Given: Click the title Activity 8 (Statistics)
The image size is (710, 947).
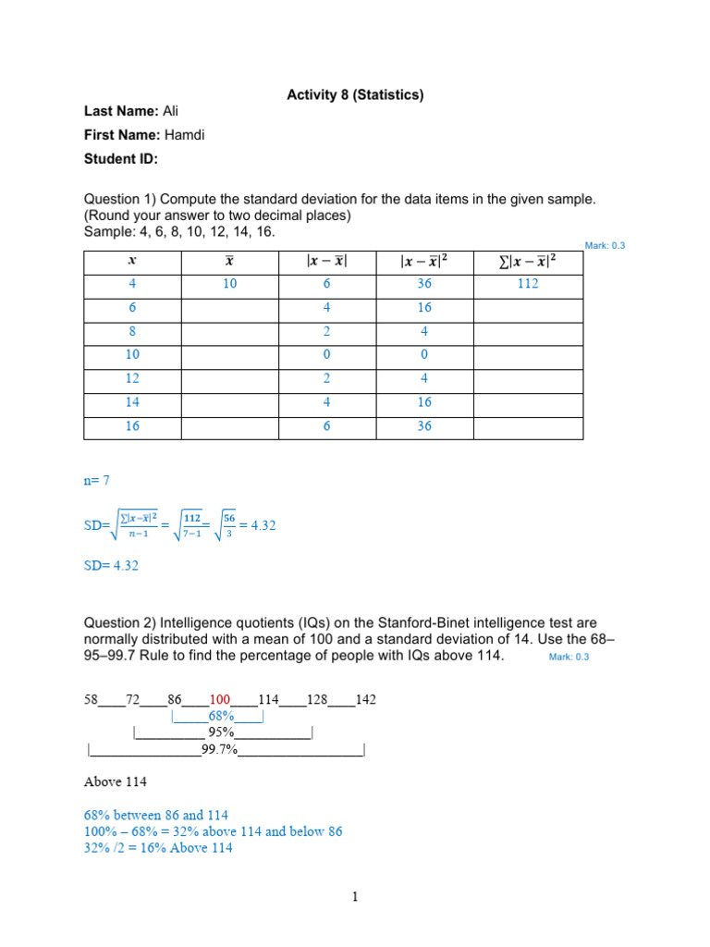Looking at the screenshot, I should tap(355, 94).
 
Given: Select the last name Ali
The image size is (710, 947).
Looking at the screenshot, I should tap(170, 111).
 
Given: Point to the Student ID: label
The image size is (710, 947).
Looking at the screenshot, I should tap(121, 159).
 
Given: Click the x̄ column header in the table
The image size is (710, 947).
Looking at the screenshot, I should tap(229, 262).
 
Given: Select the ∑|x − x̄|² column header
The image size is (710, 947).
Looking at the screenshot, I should tap(527, 262).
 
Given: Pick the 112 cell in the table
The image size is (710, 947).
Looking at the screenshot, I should tap(527, 285).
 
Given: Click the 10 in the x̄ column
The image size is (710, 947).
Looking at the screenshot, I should tap(229, 285).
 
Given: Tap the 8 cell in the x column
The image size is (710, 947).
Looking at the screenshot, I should tap(131, 332).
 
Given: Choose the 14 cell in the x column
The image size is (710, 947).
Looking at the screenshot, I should tap(131, 403).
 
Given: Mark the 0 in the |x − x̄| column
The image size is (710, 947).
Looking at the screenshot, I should tap(327, 356).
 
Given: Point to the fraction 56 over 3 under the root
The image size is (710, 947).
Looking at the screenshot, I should tap(227, 525).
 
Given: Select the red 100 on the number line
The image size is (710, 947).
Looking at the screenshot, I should tap(218, 700).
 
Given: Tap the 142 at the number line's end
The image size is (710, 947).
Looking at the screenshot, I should tap(365, 700).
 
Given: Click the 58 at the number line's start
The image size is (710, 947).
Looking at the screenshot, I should tap(91, 700).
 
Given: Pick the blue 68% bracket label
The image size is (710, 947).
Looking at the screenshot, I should tap(222, 717).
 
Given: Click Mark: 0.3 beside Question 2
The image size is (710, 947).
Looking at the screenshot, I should tap(569, 657).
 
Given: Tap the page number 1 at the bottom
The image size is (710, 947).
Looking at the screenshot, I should tap(354, 897).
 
